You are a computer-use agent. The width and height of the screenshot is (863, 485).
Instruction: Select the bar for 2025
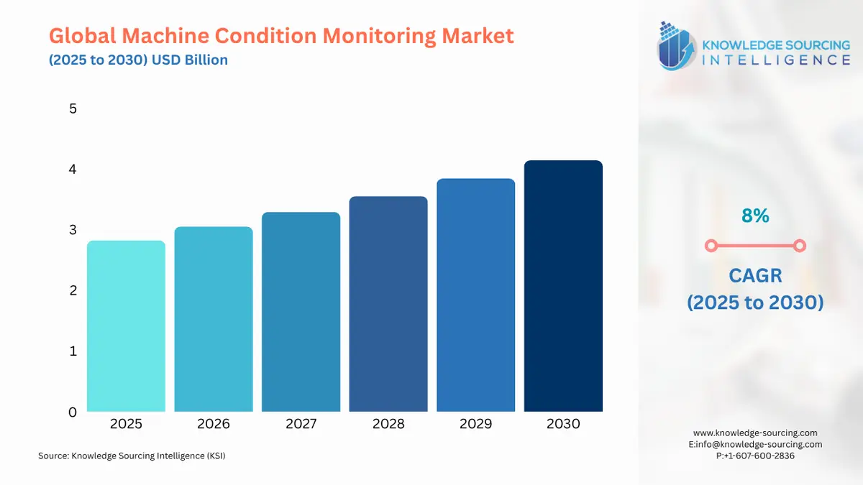(126, 326)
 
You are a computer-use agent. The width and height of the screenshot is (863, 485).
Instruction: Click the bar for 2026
(214, 319)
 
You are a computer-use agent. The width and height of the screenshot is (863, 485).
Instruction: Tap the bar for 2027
(301, 312)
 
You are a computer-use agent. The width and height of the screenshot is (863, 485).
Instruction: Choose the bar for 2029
(475, 295)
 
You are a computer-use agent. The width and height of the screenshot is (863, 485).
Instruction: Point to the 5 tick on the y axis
(73, 109)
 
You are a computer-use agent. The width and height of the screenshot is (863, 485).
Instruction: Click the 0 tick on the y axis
(73, 412)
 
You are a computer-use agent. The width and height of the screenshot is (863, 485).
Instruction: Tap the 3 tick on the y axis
(73, 230)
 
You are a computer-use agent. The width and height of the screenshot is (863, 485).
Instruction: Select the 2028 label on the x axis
(388, 425)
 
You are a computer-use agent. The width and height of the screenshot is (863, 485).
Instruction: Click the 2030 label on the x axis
(563, 425)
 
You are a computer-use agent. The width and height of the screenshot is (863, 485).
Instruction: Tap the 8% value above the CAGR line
(755, 216)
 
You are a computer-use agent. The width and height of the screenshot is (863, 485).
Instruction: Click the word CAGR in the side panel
(755, 275)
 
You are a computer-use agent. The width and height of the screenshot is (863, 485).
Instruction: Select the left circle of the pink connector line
(711, 246)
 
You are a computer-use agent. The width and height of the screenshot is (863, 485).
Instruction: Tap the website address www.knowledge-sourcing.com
(755, 433)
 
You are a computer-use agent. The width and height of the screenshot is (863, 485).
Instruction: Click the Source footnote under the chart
(132, 456)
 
